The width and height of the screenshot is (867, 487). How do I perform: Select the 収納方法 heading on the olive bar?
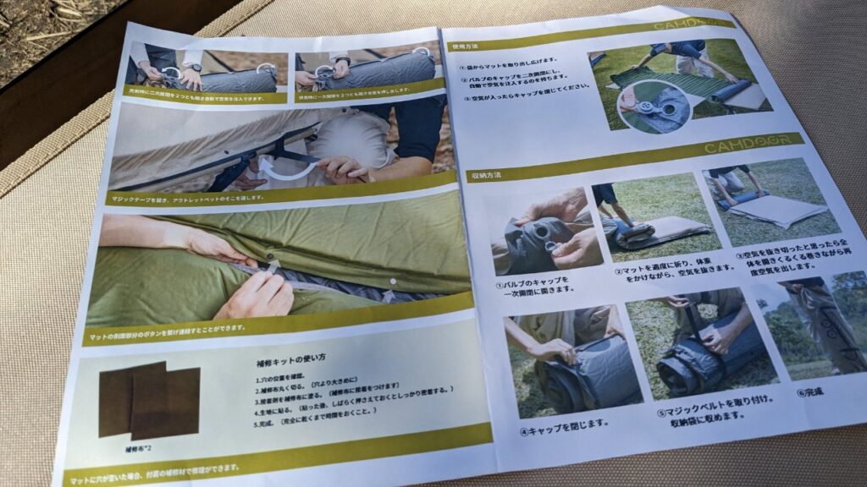tap(485, 176)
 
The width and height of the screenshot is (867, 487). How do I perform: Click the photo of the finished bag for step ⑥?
tap(817, 326)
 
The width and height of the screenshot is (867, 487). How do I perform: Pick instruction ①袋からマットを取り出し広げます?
tap(508, 61)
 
